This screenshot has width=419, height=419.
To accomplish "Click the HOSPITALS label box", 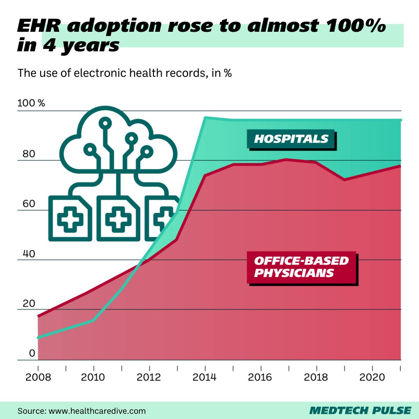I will pyautogui.click(x=291, y=139).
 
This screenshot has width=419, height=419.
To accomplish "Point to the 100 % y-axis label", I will pyautogui.click(x=31, y=103).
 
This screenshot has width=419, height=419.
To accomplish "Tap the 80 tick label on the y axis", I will pyautogui.click(x=29, y=154).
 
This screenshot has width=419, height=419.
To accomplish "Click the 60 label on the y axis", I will pyautogui.click(x=29, y=204).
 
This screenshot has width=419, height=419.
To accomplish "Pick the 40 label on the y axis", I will pyautogui.click(x=29, y=253).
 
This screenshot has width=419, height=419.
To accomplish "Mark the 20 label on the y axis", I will pyautogui.click(x=29, y=303).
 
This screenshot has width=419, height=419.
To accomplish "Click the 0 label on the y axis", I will pyautogui.click(x=32, y=353).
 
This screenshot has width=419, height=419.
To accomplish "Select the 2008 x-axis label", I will pyautogui.click(x=38, y=377).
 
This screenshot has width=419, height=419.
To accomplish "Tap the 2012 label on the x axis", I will pyautogui.click(x=149, y=377).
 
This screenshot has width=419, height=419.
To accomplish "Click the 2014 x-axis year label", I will pyautogui.click(x=205, y=377).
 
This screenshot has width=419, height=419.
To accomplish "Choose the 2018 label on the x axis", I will pyautogui.click(x=316, y=377).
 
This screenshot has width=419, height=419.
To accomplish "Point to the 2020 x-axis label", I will pyautogui.click(x=372, y=377).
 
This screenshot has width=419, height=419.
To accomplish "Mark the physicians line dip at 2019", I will pyautogui.click(x=344, y=179).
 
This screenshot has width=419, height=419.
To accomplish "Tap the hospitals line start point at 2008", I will pyautogui.click(x=38, y=337).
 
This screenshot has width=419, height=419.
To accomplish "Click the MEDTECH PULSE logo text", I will pyautogui.click(x=360, y=410).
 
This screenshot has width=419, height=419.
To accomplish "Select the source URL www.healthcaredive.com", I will pyautogui.click(x=97, y=411).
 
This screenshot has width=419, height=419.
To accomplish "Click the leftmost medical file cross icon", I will pyautogui.click(x=70, y=219).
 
